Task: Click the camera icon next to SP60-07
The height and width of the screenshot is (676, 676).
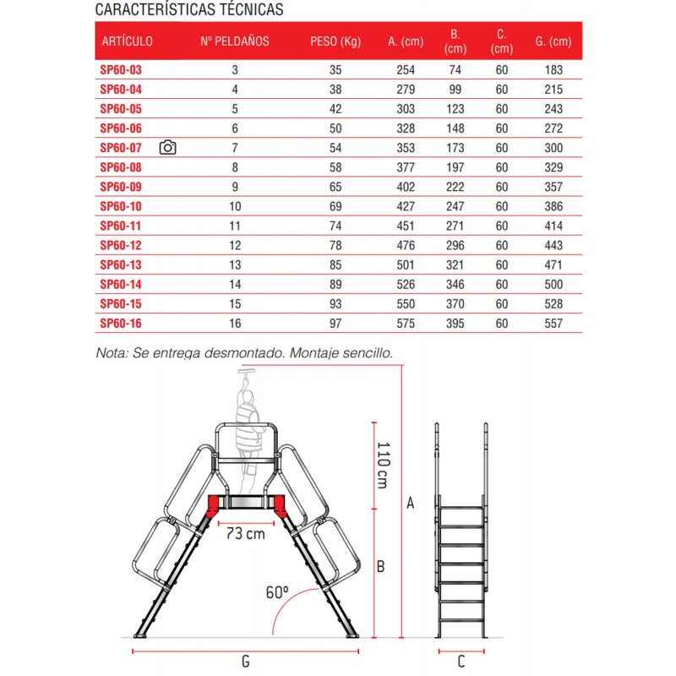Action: coord(167,148)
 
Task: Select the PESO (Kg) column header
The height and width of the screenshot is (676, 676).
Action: coord(335,41)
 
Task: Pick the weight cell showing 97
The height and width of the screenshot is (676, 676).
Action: coord(335,323)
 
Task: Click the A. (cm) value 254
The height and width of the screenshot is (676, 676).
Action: coord(406,71)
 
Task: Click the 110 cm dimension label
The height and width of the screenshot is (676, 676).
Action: coord(382,467)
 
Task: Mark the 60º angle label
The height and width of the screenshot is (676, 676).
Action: coord(276,592)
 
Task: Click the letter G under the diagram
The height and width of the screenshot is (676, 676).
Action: coord(245,662)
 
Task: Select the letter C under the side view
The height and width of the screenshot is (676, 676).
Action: coord(461,662)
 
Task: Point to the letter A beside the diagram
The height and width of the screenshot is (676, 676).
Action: coord(411,504)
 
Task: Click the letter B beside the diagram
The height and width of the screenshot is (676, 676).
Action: coord(381,566)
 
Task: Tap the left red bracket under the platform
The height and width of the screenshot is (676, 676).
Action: coord(210,506)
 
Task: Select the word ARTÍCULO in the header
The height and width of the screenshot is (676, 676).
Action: coord(127,41)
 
